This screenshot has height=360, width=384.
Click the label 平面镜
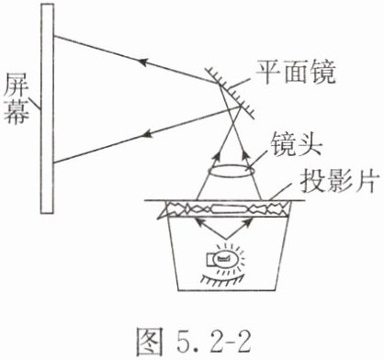coord(296,73)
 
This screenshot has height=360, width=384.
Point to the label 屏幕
coord(17,98)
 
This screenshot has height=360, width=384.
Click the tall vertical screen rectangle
coord(48,108)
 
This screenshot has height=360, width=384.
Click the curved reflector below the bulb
coord(222,279)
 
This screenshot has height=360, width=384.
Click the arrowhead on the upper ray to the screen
coord(144,62)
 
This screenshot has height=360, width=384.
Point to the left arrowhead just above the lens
coord(217,157)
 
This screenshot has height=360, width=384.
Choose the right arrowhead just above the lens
coord(245,157)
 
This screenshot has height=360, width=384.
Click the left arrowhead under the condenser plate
coord(199,222)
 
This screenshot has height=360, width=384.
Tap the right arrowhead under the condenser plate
coord(248,222)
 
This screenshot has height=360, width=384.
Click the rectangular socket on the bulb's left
coord(210,260)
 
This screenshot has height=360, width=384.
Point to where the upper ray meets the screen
coord(54,37)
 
